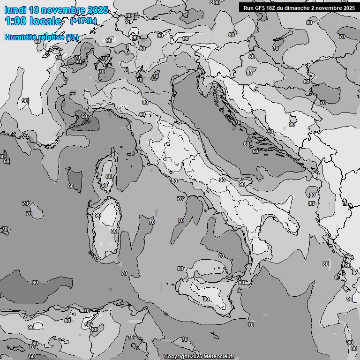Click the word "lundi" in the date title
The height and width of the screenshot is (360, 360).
14,10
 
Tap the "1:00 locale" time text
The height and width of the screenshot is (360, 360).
33,21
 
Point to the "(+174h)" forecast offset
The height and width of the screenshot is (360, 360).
83,21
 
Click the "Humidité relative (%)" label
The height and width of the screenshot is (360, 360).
41,37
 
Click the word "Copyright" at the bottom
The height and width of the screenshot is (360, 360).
177,357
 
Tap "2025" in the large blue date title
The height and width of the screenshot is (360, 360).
97,10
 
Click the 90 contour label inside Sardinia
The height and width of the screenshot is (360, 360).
97,215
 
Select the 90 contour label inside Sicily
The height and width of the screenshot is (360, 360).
206,299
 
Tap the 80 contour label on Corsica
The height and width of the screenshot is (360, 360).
109,176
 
